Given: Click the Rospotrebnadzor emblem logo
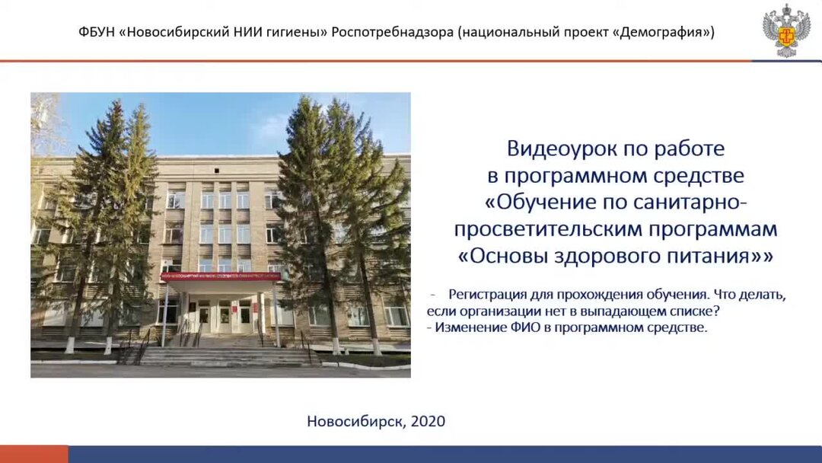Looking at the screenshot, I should click(786, 30).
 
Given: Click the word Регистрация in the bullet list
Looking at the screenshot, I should click(487, 295).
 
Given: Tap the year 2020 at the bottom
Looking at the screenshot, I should click(428, 421).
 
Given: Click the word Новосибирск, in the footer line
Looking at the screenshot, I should click(356, 421).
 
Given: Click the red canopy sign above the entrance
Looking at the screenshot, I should click(220, 277).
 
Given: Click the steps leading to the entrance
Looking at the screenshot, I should click(221, 355).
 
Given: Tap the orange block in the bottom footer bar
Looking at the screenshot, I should click(33, 455).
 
